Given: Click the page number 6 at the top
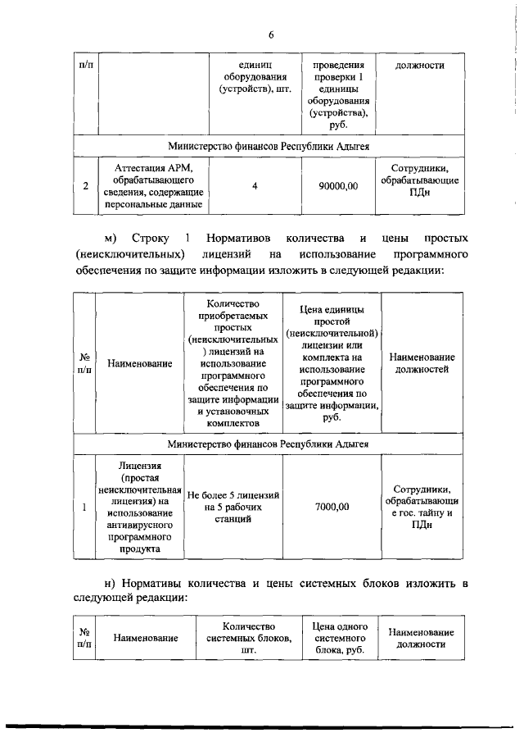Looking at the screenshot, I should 271,34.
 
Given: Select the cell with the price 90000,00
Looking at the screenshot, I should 338,186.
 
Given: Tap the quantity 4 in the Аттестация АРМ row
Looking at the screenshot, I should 255,186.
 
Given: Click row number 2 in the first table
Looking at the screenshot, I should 85,186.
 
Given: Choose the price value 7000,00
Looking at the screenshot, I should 332,508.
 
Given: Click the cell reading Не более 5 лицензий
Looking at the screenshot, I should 233,502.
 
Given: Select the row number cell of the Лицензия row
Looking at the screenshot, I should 84,508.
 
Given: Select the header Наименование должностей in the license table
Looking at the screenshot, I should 422,363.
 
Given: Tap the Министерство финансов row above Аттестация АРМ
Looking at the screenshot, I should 269,145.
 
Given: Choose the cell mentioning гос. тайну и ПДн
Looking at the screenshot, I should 421,508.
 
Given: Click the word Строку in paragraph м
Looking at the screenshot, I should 149,239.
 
